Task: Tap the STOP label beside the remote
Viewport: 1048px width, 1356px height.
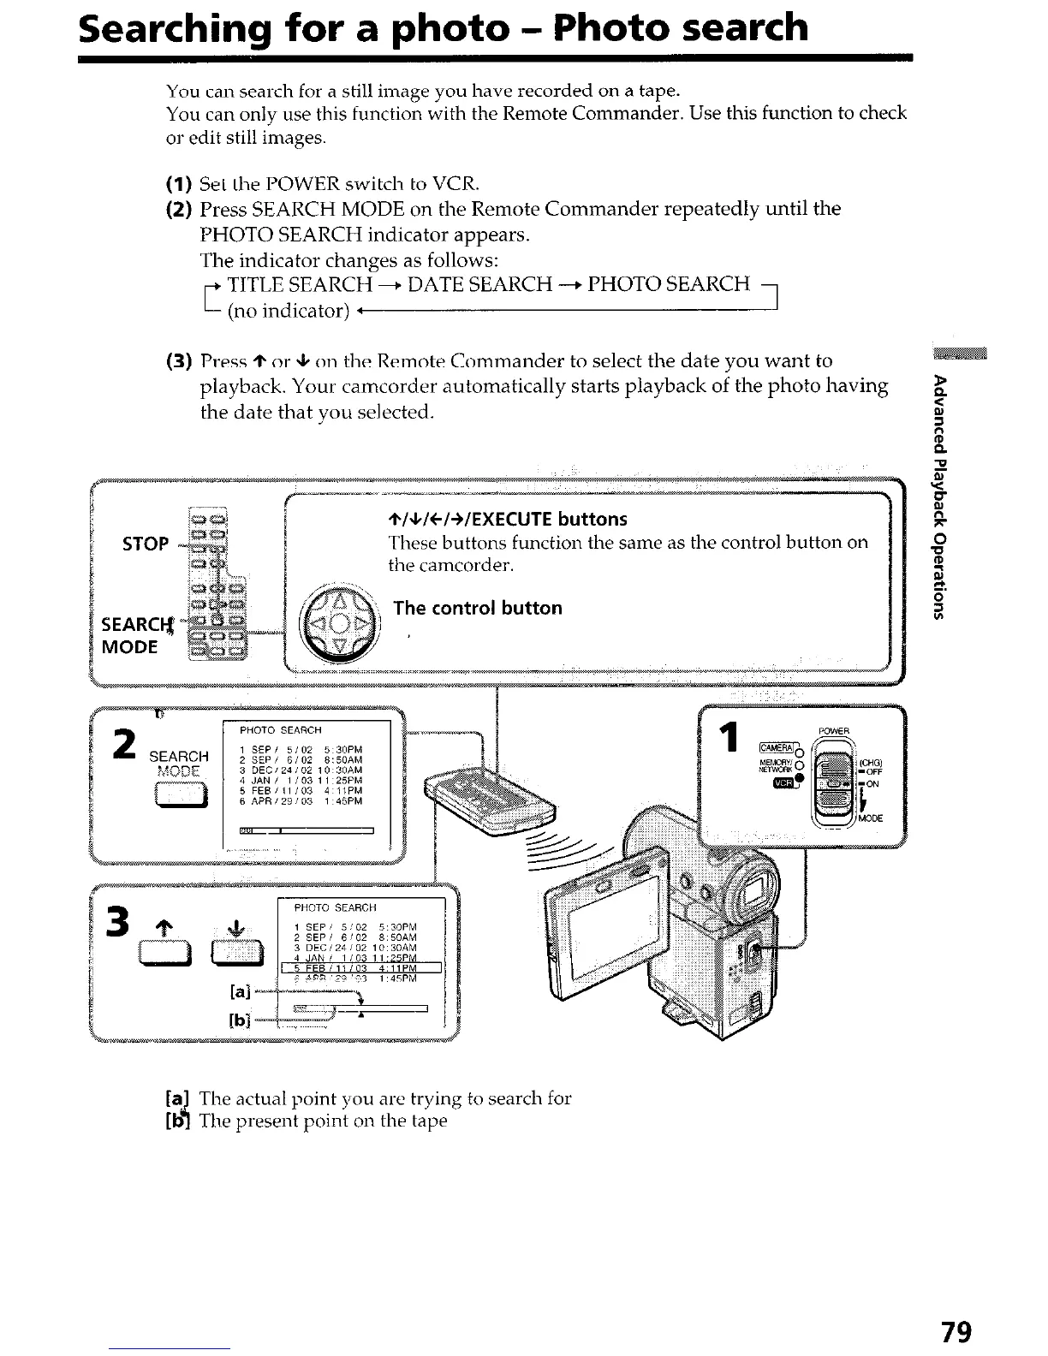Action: tap(146, 544)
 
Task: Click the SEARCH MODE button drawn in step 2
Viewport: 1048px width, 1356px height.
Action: tap(178, 798)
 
